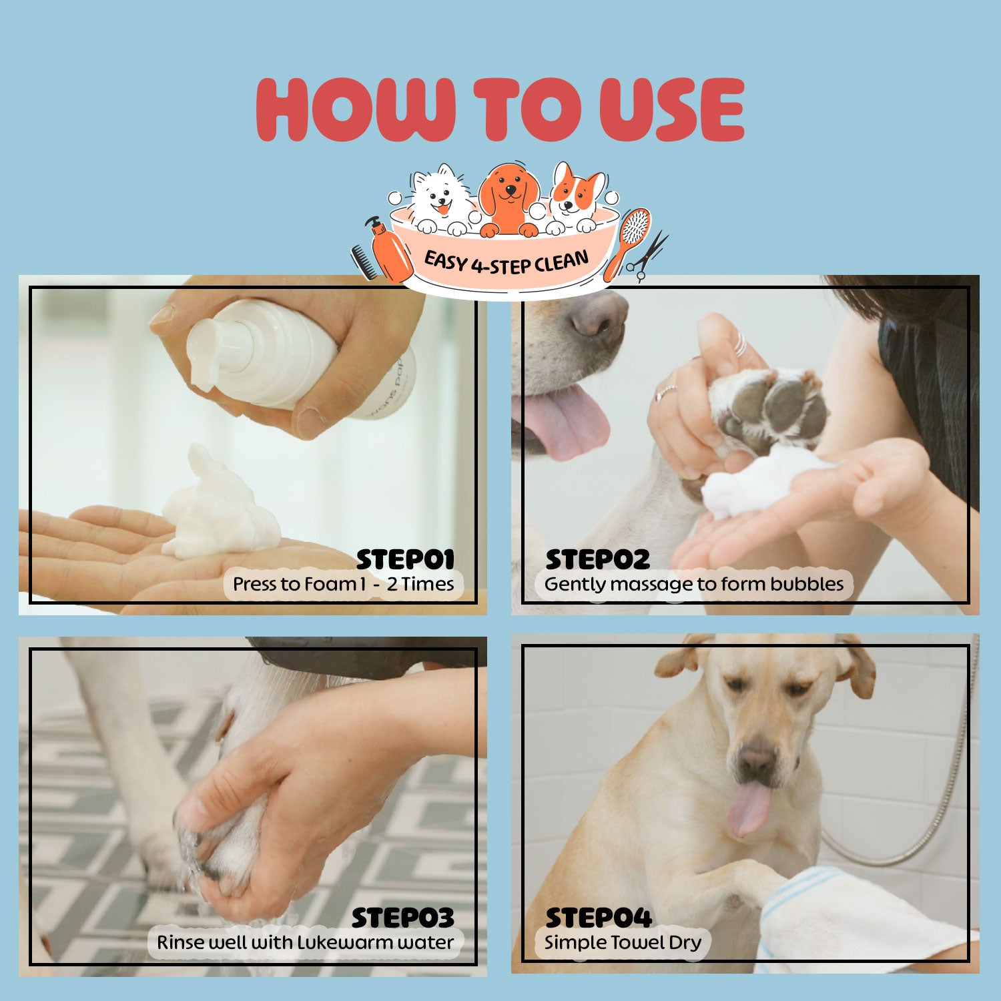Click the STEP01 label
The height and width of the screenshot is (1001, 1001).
point(405,559)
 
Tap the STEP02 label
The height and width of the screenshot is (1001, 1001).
point(597,559)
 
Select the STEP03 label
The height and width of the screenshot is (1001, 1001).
point(402,918)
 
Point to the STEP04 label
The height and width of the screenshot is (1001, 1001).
point(598,918)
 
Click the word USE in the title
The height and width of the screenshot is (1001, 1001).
point(671,109)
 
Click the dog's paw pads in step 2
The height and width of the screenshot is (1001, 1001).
point(774,407)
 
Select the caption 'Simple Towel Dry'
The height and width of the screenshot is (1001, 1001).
point(623,942)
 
